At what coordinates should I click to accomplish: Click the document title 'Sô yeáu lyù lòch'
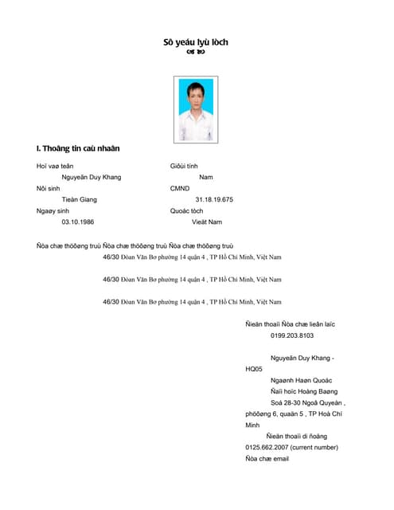pyautogui.click(x=196, y=41)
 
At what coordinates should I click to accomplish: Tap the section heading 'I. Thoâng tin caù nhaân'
pyautogui.click(x=78, y=148)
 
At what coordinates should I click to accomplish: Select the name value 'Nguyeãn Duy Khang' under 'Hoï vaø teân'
pyautogui.click(x=92, y=177)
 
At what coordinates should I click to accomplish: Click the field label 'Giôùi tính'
pyautogui.click(x=184, y=166)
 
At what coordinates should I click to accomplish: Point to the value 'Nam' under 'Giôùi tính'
pyautogui.click(x=206, y=177)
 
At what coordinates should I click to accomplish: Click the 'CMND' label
pyautogui.click(x=180, y=188)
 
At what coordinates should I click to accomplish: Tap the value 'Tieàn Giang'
pyautogui.click(x=80, y=199)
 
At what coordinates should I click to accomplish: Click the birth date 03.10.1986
pyautogui.click(x=78, y=222)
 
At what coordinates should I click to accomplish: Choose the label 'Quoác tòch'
pyautogui.click(x=186, y=210)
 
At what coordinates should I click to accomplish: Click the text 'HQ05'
pyautogui.click(x=254, y=369)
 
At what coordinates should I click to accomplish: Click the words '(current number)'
pyautogui.click(x=314, y=447)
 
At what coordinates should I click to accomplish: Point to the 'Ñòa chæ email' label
pyautogui.click(x=267, y=458)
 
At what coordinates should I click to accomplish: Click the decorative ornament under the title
pyautogui.click(x=196, y=53)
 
